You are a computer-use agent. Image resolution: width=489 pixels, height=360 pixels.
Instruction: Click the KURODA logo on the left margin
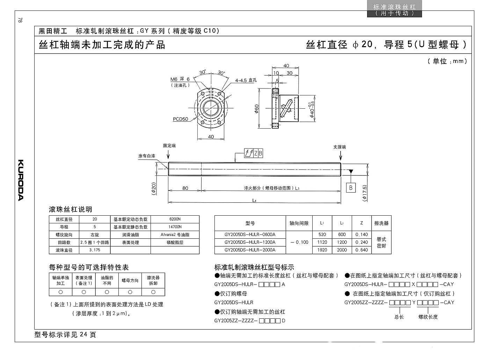[x=21, y=180]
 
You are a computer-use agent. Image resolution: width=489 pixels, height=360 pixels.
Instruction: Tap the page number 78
[x=20, y=20]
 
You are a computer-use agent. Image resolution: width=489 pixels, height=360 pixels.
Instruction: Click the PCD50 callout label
[x=180, y=119]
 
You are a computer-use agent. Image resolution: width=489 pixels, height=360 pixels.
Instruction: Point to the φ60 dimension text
[x=256, y=109]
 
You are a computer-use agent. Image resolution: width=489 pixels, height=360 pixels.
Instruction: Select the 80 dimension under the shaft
[x=185, y=188]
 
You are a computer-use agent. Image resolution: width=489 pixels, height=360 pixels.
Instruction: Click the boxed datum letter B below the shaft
[x=351, y=188]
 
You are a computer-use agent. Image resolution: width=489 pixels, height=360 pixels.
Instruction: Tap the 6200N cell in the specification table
[x=175, y=219]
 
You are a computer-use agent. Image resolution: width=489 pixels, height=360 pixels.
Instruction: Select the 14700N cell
[x=175, y=227]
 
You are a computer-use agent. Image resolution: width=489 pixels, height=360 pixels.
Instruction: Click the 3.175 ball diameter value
[x=95, y=250]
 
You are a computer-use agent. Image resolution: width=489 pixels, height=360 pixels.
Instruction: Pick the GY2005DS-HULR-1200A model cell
[x=250, y=242]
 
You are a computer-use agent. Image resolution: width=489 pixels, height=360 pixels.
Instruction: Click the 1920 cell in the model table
[x=322, y=250]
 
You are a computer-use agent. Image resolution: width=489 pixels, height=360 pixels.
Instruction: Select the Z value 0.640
[x=362, y=250]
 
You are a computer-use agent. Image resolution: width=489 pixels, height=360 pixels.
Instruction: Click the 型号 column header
[x=250, y=223]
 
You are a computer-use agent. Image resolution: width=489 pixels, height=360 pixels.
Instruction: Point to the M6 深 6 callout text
[x=180, y=79]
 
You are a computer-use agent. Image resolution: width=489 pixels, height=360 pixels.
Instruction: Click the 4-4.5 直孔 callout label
[x=246, y=80]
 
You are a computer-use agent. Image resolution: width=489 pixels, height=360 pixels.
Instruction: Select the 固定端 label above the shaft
[x=169, y=145]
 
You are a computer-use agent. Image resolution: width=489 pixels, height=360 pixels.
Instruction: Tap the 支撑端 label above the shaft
[x=340, y=147]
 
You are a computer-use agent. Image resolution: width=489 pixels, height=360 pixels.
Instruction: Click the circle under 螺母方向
[x=130, y=292]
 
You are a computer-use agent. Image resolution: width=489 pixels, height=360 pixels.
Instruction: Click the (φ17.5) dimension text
[x=364, y=193]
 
